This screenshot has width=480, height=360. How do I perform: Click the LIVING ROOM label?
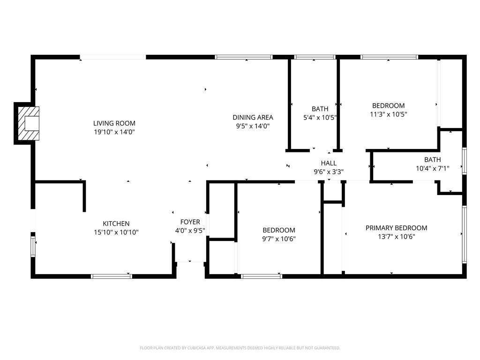114,123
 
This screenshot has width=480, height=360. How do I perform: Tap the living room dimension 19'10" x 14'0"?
114,132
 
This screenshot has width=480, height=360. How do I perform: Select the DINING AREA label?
253,117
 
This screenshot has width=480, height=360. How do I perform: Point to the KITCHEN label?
116,224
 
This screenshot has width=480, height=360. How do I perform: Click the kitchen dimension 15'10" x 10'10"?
116,232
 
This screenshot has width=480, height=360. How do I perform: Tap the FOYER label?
190,222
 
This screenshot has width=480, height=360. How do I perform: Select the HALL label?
329,163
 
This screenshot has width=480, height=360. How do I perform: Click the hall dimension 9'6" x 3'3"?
329,172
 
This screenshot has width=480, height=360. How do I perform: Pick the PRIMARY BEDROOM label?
397,228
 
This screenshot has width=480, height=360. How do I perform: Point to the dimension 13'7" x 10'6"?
397,237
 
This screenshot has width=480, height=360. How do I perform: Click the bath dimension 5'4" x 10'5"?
320,118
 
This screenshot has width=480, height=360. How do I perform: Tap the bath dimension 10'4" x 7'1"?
433,168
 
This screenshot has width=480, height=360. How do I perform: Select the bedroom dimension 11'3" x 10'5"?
389,114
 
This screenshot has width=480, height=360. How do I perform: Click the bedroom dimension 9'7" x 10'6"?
278,239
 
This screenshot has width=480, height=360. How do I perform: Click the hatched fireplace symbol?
29,123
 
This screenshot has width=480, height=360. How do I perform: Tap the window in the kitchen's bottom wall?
112,277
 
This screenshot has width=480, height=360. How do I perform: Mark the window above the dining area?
244,57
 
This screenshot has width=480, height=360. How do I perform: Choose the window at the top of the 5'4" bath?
315,57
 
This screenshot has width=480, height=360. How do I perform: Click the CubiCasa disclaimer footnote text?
240,348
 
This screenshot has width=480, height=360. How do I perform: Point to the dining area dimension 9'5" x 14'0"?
253,126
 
